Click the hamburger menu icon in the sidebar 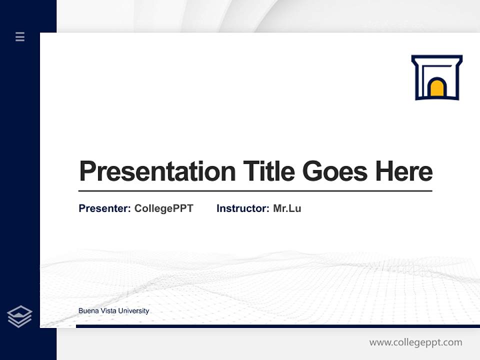(x=20, y=36)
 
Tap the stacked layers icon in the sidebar (x=19, y=316)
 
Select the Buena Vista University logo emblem (x=436, y=77)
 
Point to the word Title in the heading (x=268, y=171)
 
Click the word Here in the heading (x=403, y=171)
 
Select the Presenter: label (x=104, y=208)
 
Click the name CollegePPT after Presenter (x=163, y=208)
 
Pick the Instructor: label (x=242, y=208)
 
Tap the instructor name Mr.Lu (x=287, y=208)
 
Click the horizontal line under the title (x=255, y=191)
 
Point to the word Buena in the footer (x=88, y=311)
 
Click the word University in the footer (x=134, y=311)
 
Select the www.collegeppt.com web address (x=415, y=342)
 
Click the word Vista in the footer (x=108, y=311)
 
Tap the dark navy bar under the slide (x=277, y=326)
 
